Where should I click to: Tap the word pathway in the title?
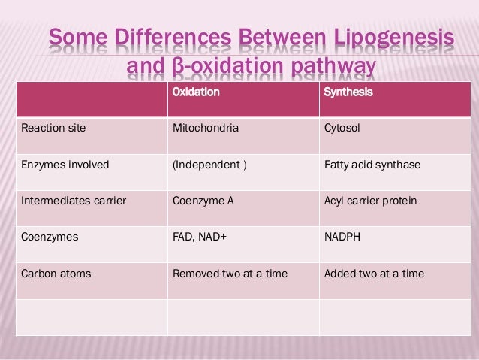coord(331,69)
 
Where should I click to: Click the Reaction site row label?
coord(53,128)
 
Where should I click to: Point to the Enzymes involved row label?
coord(65,165)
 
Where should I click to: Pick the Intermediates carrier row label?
coord(74,201)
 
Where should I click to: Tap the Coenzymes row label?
coord(50,237)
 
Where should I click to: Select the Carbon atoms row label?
coord(56,274)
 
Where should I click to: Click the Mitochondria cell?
coord(206,128)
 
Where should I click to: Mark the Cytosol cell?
coord(342,128)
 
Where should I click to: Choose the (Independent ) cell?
coord(209,165)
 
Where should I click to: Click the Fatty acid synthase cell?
coord(372,165)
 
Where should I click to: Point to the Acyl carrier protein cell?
coord(370,201)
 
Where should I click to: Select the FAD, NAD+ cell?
coord(200,237)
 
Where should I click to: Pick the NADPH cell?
coord(342,237)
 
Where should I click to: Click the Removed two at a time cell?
coord(230,274)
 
